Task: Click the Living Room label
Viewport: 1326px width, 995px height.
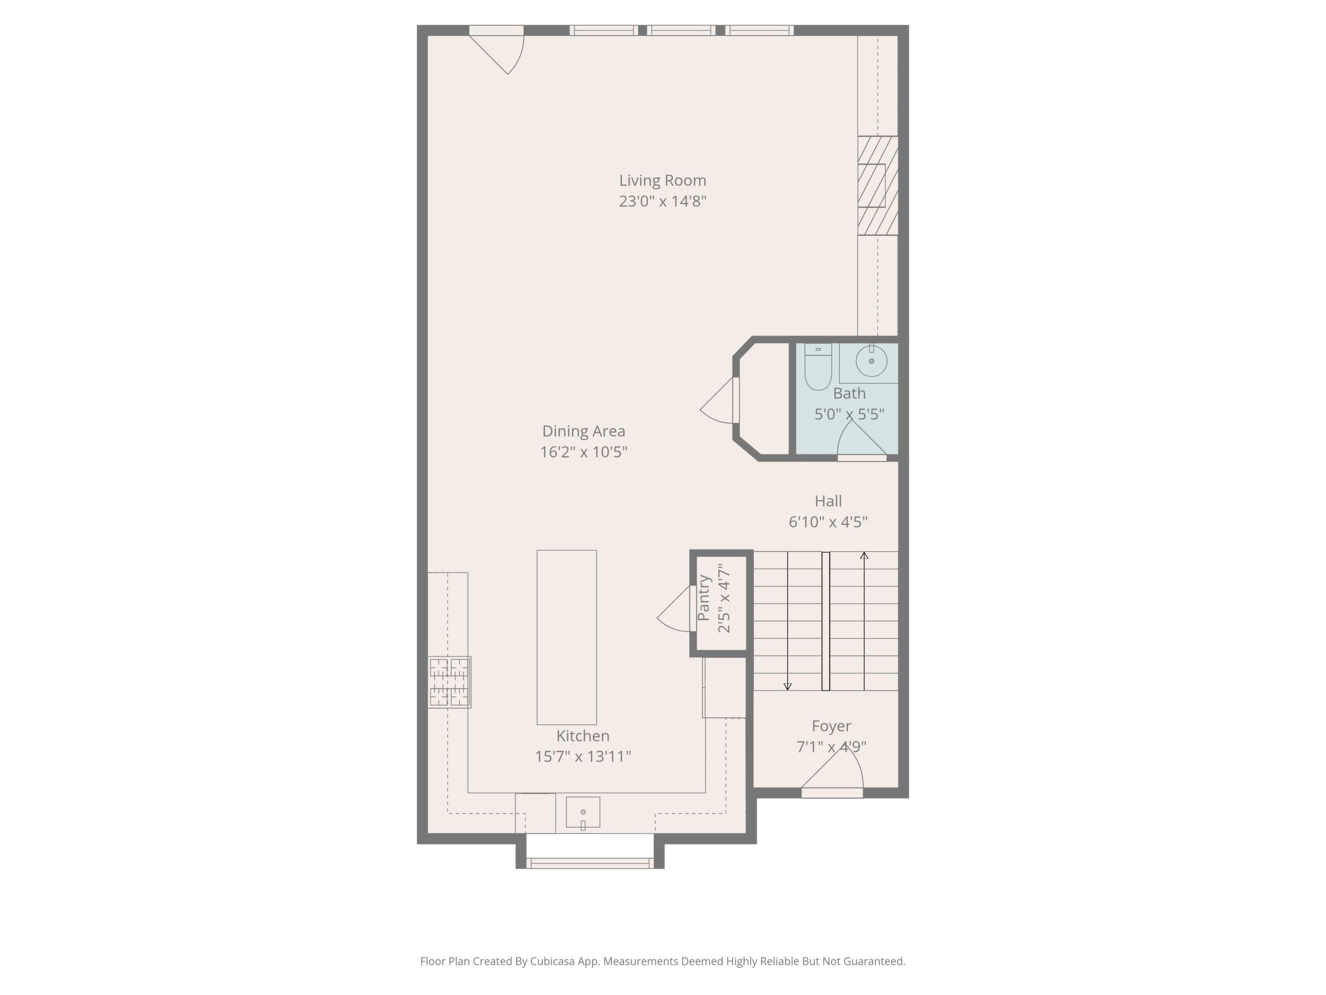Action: click(x=662, y=181)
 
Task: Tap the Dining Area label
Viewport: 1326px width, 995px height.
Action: click(x=583, y=431)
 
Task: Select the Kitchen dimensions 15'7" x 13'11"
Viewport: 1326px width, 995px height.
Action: click(x=583, y=756)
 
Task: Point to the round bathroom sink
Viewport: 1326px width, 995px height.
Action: click(x=871, y=361)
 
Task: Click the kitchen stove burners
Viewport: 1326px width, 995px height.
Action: click(x=449, y=682)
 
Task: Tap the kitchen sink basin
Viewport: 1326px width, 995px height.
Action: click(x=583, y=812)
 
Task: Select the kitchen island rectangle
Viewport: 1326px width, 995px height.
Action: click(x=566, y=637)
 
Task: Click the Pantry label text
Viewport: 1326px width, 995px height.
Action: click(x=704, y=598)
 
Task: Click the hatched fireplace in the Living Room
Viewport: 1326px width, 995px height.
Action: click(x=878, y=186)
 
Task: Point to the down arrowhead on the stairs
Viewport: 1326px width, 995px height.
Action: click(x=788, y=686)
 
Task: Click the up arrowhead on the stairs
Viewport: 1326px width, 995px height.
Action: click(x=864, y=556)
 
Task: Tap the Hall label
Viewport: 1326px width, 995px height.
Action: click(x=828, y=501)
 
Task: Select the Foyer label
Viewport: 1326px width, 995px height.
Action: click(x=831, y=726)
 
